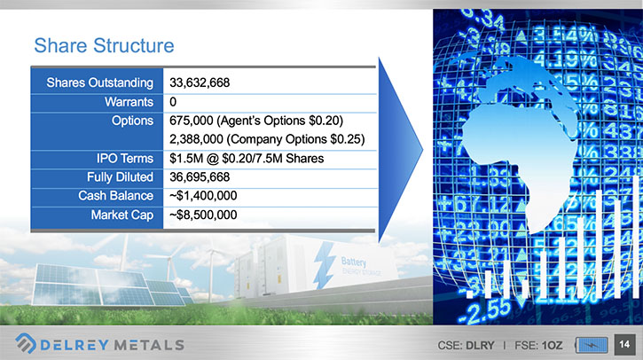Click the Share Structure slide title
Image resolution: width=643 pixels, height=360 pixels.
pos(104,45)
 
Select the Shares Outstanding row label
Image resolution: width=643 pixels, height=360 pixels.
pos(99,82)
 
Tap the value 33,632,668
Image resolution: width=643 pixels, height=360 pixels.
pos(200,82)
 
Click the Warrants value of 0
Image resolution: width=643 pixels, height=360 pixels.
pos(173,102)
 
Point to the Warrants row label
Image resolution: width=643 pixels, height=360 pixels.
pos(129,102)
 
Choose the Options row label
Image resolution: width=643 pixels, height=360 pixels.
pos(132,121)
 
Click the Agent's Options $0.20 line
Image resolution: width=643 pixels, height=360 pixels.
pos(256,121)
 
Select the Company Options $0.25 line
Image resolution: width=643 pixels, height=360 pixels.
pos(267,139)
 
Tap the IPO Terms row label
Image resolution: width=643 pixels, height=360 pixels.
pos(125,158)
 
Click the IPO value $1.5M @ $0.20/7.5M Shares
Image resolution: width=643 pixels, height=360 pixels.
pos(247,158)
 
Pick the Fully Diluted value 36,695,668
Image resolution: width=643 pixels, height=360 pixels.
pos(200,177)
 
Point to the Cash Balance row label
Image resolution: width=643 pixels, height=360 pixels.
pos(115,196)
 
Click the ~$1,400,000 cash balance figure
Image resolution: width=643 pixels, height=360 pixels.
pos(203,196)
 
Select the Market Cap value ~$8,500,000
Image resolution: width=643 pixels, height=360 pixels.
pos(203,215)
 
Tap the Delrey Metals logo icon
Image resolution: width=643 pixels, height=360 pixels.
pos(26,343)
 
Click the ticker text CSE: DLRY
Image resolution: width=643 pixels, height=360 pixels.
pos(466,346)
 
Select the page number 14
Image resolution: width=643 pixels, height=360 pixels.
pos(624,344)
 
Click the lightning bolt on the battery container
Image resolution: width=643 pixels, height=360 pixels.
pos(325,264)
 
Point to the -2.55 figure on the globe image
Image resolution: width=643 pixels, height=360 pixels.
pos(485,309)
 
